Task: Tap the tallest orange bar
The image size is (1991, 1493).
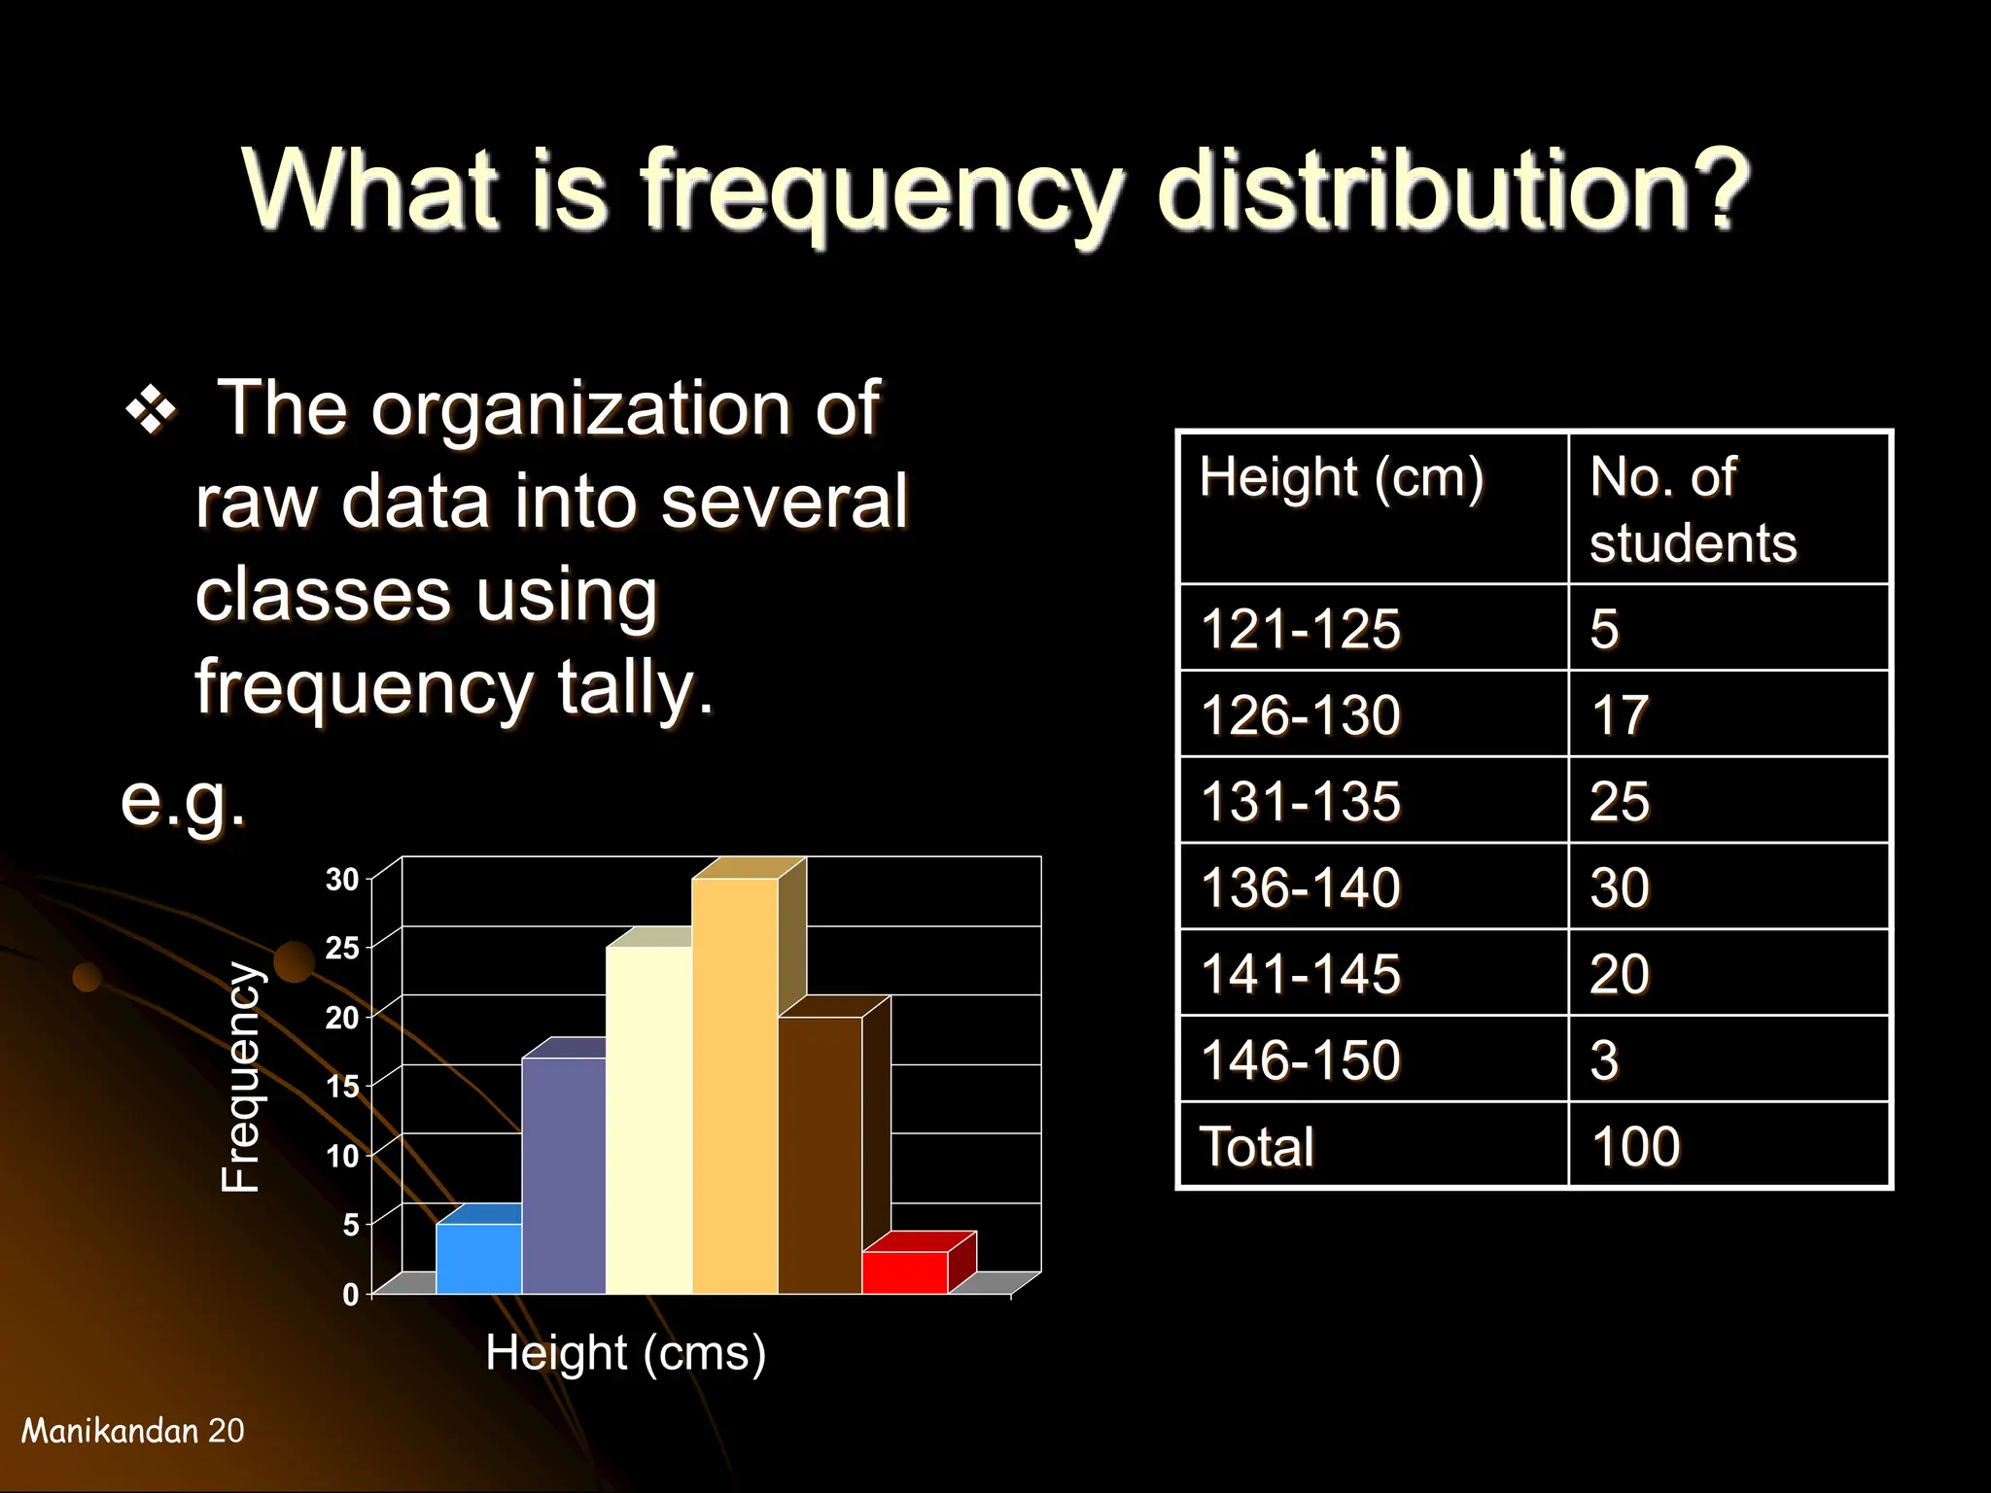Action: click(735, 1086)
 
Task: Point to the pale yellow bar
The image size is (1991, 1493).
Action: click(648, 1120)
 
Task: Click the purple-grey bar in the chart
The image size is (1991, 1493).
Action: click(564, 1175)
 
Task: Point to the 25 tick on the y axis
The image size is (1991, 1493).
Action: click(342, 948)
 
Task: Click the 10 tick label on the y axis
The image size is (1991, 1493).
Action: click(342, 1156)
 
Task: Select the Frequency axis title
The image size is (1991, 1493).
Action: click(241, 1077)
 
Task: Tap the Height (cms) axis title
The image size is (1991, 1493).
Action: click(625, 1353)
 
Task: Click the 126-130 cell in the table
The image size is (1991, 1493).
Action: click(1301, 714)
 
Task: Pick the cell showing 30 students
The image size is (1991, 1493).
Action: click(1620, 887)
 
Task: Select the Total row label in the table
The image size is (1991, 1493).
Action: click(1256, 1146)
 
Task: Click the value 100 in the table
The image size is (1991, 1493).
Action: click(1635, 1146)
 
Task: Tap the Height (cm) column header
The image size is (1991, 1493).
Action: click(1342, 478)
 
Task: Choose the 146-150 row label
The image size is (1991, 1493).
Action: click(1301, 1059)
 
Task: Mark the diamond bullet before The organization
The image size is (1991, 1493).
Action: click(152, 412)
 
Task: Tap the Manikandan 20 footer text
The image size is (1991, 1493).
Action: click(133, 1431)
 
